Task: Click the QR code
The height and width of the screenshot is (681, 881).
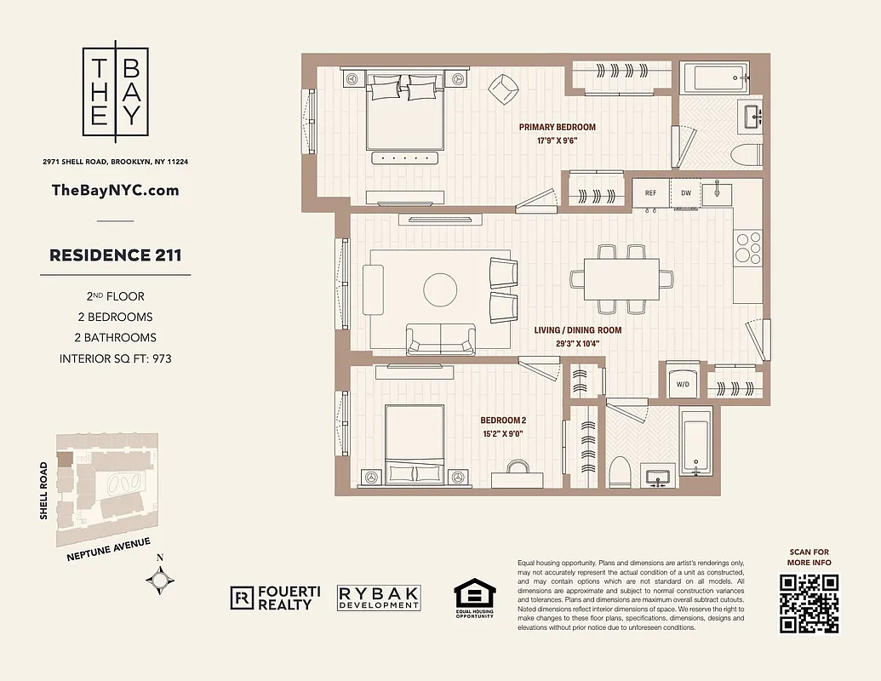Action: tap(809, 603)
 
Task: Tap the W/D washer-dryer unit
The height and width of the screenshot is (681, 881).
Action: tap(683, 382)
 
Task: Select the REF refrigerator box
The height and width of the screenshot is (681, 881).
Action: tap(651, 193)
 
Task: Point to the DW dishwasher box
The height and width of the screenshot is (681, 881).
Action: tap(686, 193)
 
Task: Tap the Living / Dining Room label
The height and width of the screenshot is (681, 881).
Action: tap(577, 336)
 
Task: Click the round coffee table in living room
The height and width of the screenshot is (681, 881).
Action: tap(441, 289)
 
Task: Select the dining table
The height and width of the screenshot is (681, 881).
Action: tap(621, 278)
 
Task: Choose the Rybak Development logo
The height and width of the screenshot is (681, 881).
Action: tap(379, 598)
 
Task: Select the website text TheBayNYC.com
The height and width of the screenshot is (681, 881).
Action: tap(116, 190)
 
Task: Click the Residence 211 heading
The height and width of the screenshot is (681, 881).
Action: tap(116, 255)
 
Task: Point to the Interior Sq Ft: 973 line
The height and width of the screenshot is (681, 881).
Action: tap(116, 358)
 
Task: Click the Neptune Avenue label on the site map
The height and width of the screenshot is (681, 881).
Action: tap(108, 550)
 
